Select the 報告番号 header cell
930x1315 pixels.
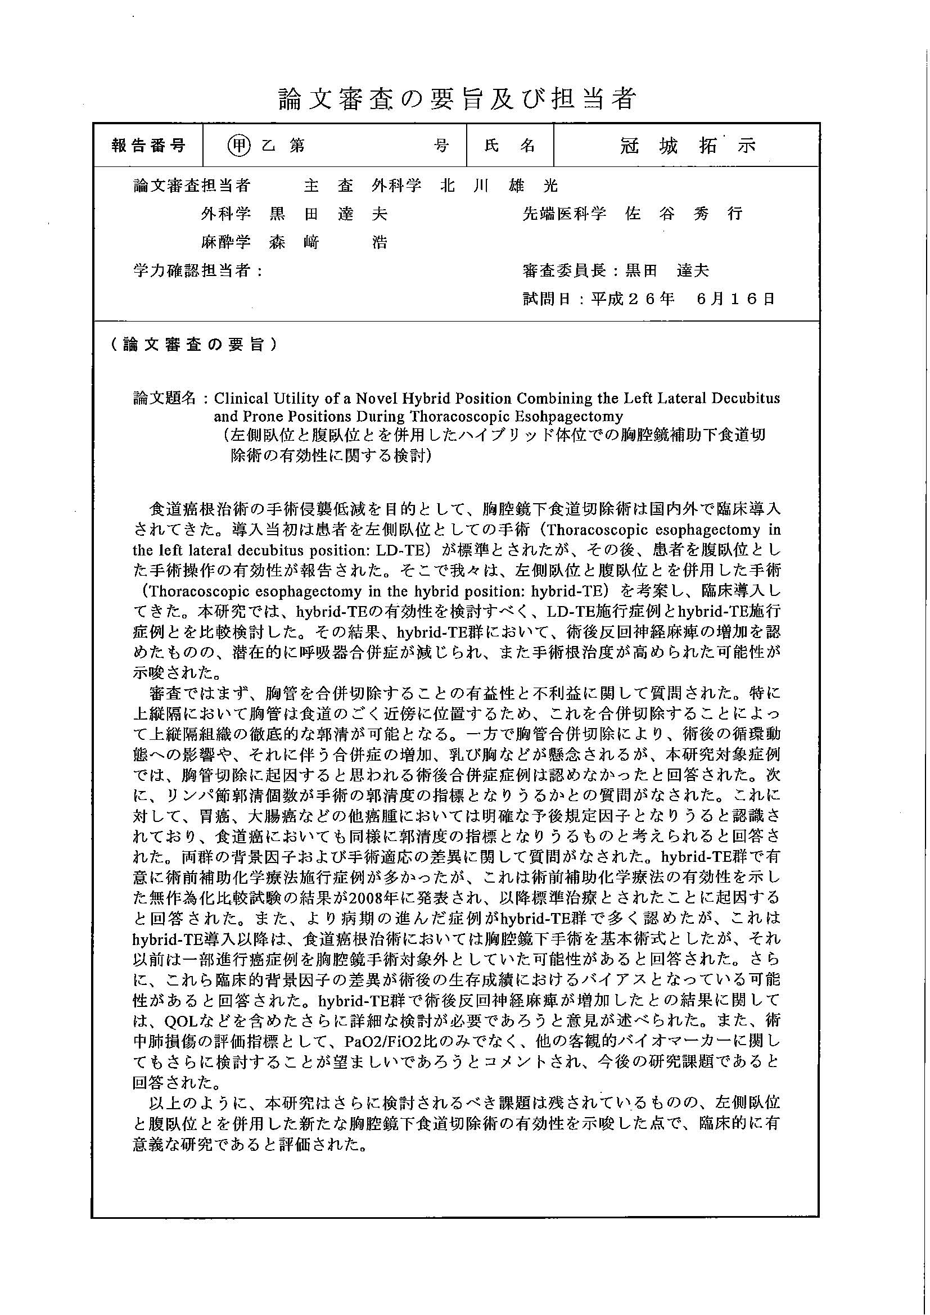[x=148, y=146]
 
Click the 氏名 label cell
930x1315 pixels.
[x=509, y=146]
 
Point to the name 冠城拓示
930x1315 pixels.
[x=687, y=146]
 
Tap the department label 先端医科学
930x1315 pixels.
[x=563, y=214]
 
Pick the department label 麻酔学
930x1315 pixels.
[x=225, y=242]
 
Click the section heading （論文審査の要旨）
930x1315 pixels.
[x=193, y=344]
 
